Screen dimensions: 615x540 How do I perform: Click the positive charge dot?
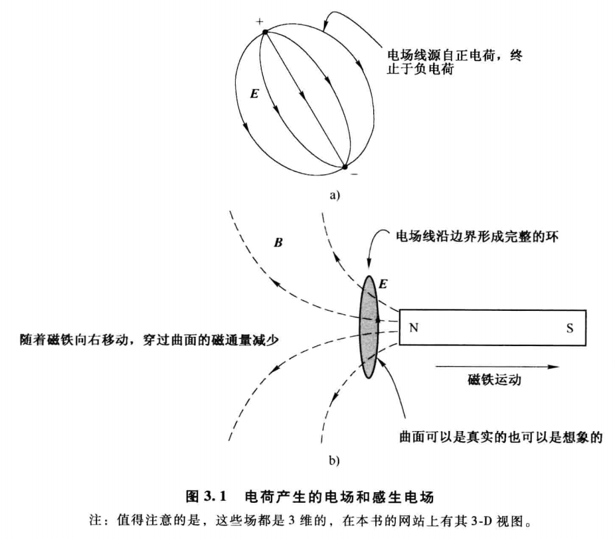(x=265, y=32)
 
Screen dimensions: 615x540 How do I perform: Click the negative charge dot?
(x=345, y=167)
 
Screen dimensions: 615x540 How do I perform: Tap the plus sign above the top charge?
(x=259, y=21)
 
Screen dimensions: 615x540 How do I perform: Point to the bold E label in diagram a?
(x=254, y=94)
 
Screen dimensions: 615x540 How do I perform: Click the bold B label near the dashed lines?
(x=278, y=242)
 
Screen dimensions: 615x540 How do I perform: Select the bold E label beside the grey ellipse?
(x=383, y=284)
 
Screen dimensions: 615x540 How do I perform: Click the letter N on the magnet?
(x=414, y=327)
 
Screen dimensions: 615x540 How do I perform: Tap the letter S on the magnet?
(x=570, y=328)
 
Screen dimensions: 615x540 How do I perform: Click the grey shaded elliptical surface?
(x=369, y=327)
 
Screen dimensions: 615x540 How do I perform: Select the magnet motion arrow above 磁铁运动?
(x=497, y=367)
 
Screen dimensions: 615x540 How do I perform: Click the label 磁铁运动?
(x=494, y=380)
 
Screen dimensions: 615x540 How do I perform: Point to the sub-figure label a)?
(x=335, y=195)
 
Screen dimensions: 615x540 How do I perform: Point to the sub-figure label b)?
(x=334, y=460)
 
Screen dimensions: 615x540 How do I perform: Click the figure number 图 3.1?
(x=207, y=497)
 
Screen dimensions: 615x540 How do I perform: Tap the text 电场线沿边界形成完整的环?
(x=478, y=236)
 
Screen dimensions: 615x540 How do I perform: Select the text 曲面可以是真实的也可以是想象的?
(x=501, y=437)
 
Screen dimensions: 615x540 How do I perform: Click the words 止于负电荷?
(x=420, y=68)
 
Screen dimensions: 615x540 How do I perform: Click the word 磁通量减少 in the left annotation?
(x=245, y=339)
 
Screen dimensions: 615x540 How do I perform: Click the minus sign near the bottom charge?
(x=354, y=174)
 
